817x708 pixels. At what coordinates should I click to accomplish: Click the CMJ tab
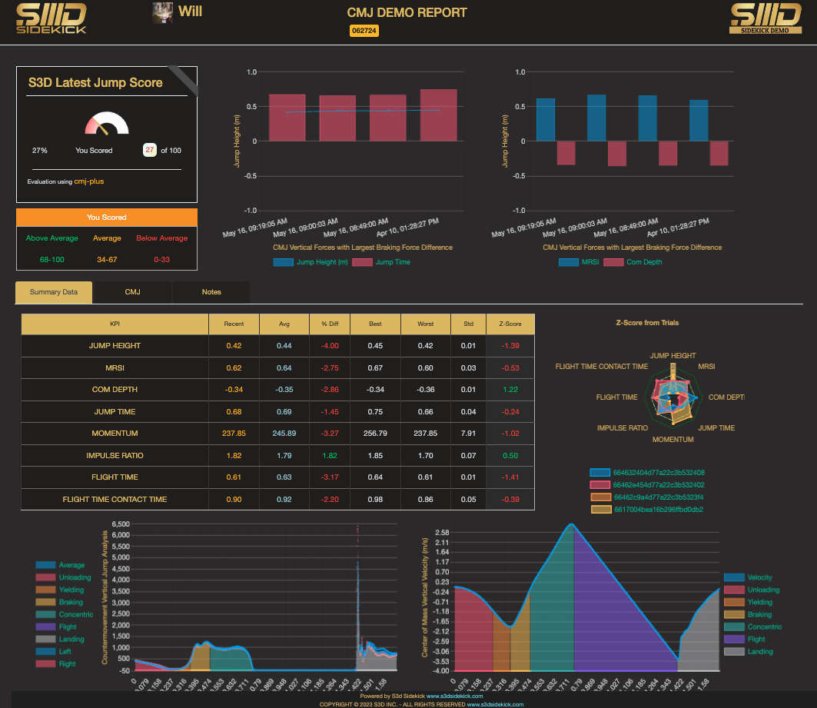(132, 292)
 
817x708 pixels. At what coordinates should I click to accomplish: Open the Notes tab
(211, 292)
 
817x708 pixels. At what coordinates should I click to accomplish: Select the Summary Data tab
(54, 292)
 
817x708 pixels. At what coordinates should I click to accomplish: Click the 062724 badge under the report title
(364, 31)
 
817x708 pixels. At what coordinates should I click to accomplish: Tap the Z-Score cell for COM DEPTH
(510, 390)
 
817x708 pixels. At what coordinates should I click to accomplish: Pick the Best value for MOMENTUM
(375, 434)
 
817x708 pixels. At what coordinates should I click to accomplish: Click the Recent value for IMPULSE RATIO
(234, 456)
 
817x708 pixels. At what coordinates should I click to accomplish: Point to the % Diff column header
(330, 324)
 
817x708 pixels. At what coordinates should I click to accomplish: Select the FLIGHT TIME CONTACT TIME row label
(115, 500)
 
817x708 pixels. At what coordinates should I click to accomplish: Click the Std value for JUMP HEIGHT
(468, 346)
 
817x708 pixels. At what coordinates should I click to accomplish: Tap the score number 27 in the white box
(150, 151)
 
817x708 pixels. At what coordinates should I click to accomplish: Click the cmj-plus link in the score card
(89, 181)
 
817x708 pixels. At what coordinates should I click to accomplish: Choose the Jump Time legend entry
(392, 262)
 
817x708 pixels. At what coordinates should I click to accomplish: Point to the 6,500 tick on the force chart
(120, 524)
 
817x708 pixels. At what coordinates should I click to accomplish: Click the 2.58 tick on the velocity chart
(441, 532)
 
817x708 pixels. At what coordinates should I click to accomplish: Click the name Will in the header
(191, 12)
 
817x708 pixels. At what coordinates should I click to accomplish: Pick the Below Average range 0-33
(162, 260)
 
